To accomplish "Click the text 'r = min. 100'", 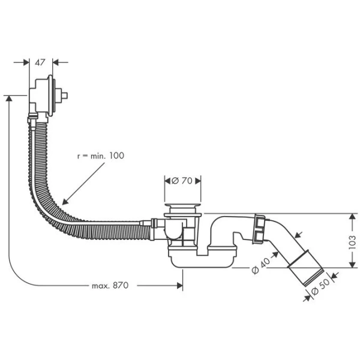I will [100, 155].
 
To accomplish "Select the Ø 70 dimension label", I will [183, 180].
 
